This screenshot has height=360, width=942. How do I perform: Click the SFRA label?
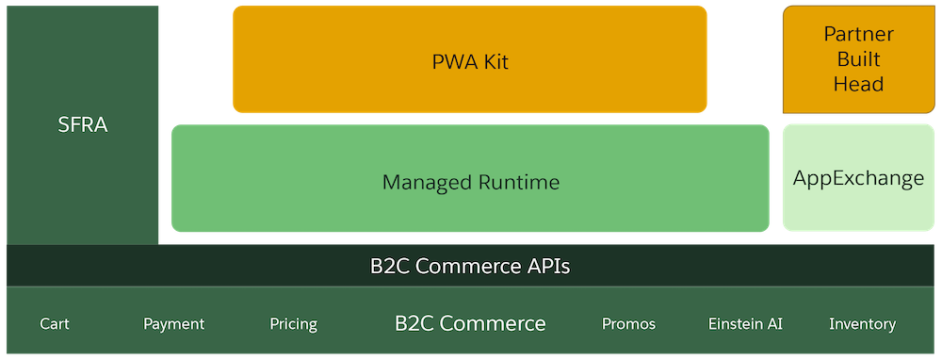[83, 124]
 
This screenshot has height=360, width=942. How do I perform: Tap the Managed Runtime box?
[470, 179]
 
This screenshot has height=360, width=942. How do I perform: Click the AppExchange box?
[858, 178]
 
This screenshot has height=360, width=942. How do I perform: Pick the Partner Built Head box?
[858, 59]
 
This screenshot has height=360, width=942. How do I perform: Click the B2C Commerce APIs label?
[470, 266]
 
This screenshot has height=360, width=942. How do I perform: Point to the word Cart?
[55, 324]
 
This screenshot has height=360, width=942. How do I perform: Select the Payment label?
[173, 324]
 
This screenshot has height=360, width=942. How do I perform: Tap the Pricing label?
[293, 324]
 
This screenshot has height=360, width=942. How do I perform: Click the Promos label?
[628, 324]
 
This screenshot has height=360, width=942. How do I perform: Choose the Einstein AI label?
[745, 324]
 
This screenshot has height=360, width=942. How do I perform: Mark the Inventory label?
[862, 324]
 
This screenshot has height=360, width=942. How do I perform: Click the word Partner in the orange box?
[858, 35]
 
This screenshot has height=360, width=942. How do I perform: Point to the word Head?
[858, 84]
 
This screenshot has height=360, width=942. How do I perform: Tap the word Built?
[858, 59]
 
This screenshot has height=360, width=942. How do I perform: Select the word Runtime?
[518, 182]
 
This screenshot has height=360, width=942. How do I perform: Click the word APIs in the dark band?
[544, 266]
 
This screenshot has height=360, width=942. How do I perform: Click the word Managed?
[425, 182]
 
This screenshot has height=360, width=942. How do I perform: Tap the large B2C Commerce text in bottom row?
[470, 324]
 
